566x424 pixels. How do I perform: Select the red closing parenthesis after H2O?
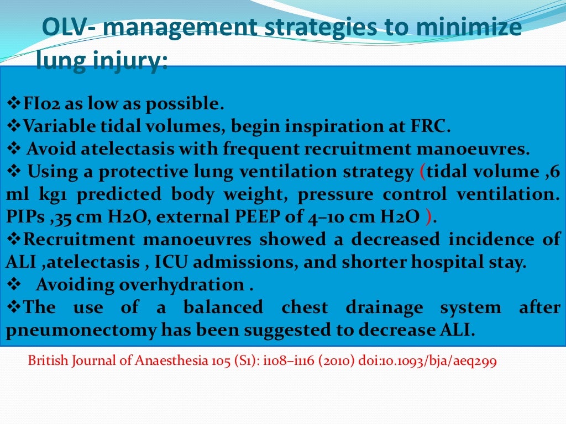click(x=428, y=218)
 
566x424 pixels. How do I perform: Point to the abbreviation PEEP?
click(x=263, y=218)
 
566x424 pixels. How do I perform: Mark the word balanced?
click(x=223, y=308)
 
